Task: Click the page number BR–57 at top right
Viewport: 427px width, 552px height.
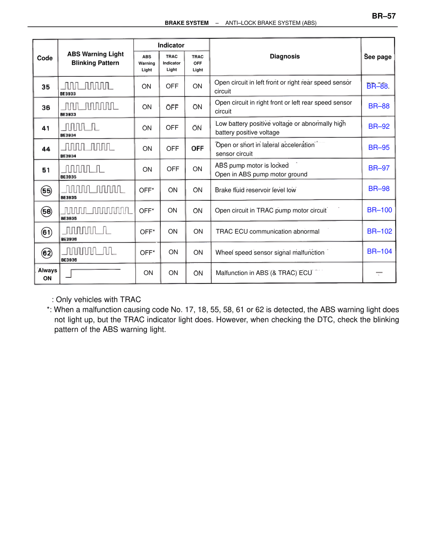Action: (x=384, y=16)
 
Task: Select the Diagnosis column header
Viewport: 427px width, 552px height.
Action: (x=285, y=56)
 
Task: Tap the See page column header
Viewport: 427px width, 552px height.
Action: (x=378, y=57)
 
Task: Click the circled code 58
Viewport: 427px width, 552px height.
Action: (x=46, y=211)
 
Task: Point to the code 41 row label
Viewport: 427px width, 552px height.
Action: (x=46, y=128)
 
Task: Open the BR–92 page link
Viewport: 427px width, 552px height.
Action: (x=379, y=126)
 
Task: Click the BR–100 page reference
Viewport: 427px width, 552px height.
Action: (x=379, y=210)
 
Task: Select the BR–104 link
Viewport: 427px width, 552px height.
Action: (x=379, y=251)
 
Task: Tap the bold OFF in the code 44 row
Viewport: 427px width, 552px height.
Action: (x=197, y=148)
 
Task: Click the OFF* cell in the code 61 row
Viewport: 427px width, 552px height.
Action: (x=147, y=232)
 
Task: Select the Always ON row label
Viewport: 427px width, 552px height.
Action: (x=47, y=274)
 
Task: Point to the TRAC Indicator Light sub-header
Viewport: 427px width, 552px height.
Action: (x=171, y=63)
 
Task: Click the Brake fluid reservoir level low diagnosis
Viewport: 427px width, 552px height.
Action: (x=255, y=190)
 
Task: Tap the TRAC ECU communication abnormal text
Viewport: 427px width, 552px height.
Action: (x=267, y=231)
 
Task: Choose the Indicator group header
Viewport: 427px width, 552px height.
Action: (x=171, y=45)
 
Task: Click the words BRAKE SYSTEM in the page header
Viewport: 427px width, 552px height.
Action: (x=186, y=23)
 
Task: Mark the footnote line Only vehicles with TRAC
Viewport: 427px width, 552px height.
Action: (x=96, y=299)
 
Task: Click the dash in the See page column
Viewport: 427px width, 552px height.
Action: (x=379, y=273)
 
